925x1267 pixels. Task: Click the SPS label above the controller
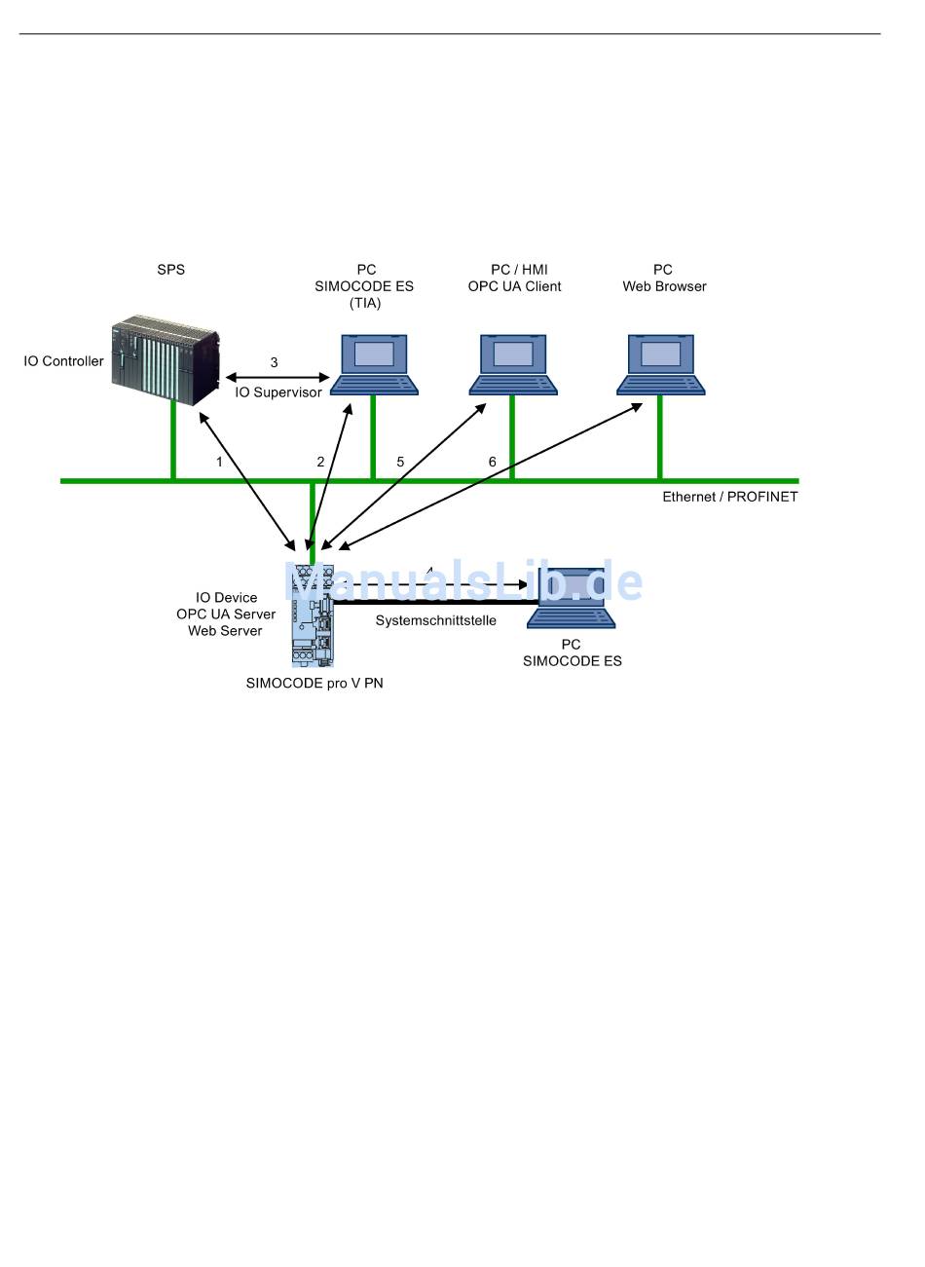(x=170, y=269)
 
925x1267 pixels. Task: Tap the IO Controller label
(x=64, y=361)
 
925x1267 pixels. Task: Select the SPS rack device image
(x=166, y=359)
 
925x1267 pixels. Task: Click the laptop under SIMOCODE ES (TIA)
(x=374, y=364)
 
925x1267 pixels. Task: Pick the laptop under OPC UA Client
(x=513, y=364)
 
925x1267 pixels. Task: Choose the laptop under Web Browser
(x=660, y=364)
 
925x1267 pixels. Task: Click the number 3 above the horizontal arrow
(x=275, y=362)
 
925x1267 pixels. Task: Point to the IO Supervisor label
(x=278, y=391)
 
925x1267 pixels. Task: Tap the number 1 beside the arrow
(x=219, y=462)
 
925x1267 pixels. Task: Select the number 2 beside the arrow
(x=320, y=462)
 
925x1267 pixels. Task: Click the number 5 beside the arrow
(x=400, y=462)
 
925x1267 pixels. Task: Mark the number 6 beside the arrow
(x=493, y=462)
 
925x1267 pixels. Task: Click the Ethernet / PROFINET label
(x=730, y=497)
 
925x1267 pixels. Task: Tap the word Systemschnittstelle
(x=436, y=620)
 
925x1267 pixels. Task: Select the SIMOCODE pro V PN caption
(x=314, y=683)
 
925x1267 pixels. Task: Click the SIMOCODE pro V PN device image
(x=313, y=615)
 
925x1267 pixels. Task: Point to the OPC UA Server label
(x=226, y=614)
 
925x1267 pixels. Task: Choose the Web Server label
(x=225, y=630)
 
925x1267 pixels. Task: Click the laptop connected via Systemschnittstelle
(x=571, y=598)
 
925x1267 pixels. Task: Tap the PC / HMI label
(x=519, y=269)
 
